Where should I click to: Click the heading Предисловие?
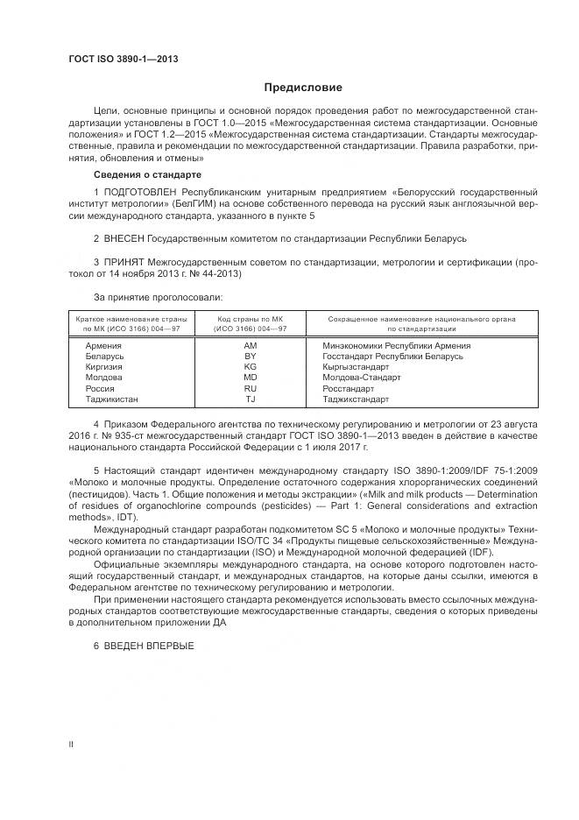303,88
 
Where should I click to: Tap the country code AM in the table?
250,345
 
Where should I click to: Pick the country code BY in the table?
250,356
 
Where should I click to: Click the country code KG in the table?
250,366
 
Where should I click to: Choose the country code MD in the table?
250,378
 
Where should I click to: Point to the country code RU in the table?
250,388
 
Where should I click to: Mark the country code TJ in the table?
250,399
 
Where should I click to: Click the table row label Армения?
103,345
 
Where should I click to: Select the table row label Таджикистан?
111,399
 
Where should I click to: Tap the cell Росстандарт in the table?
348,388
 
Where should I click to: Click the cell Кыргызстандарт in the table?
354,366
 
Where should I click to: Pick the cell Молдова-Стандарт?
362,378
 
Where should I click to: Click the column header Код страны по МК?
250,324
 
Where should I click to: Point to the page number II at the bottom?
71,744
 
